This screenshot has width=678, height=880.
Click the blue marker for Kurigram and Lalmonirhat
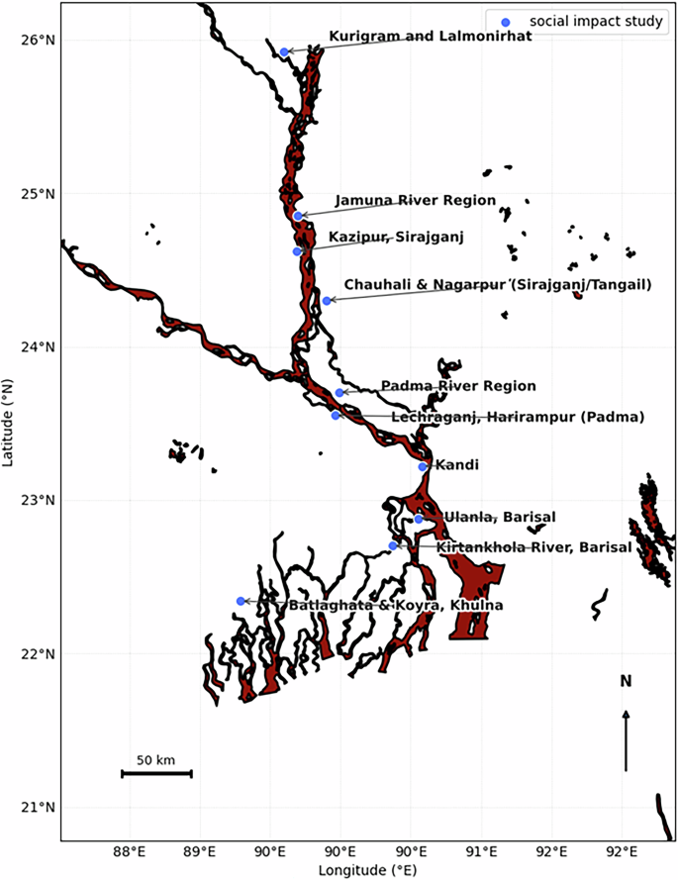[x=284, y=51]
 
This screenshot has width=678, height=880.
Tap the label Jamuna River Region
[x=415, y=200]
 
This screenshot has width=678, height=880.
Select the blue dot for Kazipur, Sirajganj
[x=297, y=251]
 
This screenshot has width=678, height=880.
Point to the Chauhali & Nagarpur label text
[x=498, y=285]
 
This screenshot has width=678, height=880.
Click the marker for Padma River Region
[x=339, y=393]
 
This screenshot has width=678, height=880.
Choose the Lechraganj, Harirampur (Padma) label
[x=518, y=418]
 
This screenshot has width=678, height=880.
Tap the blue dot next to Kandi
[x=423, y=466]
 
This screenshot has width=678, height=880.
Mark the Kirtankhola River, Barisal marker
[x=393, y=545]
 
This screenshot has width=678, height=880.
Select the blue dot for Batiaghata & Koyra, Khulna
[x=241, y=601]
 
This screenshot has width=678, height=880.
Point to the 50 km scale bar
[x=156, y=773]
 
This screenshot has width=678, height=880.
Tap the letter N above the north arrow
[x=626, y=681]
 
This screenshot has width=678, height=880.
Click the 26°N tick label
[x=37, y=40]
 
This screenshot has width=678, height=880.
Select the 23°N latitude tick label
[x=37, y=500]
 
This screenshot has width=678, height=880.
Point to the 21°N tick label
[x=37, y=807]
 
